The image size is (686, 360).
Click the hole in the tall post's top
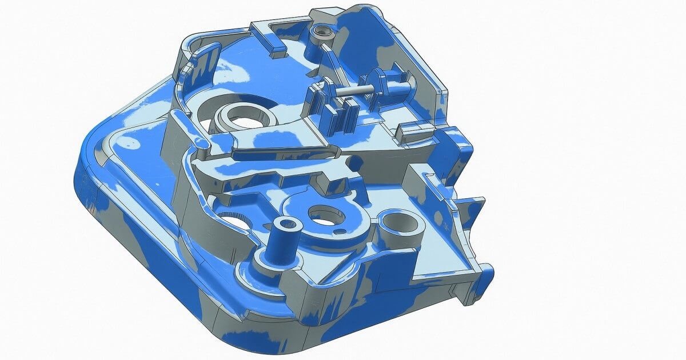pyautogui.click(x=288, y=223)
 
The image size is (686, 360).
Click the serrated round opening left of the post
pyautogui.click(x=232, y=220)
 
